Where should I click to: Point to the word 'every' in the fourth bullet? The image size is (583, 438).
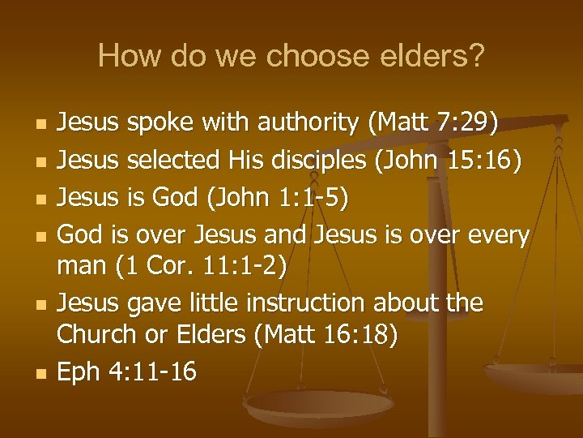click(x=497, y=236)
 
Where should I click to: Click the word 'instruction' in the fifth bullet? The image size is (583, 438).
click(x=298, y=304)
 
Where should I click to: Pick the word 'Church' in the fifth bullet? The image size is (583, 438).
click(x=91, y=336)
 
